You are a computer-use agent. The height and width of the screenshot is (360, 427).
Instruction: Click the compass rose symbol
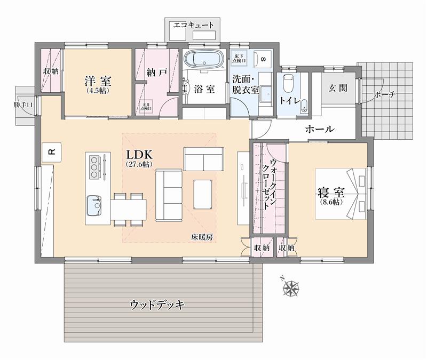point(291,289)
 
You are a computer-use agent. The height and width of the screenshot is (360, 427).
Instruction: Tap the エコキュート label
point(193,25)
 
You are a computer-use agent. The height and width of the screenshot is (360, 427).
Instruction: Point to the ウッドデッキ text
point(157,305)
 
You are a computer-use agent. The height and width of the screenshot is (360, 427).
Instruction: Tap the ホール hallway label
point(320,129)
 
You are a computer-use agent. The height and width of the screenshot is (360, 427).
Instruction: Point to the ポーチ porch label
point(384,95)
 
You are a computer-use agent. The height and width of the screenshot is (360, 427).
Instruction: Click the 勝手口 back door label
point(24,105)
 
